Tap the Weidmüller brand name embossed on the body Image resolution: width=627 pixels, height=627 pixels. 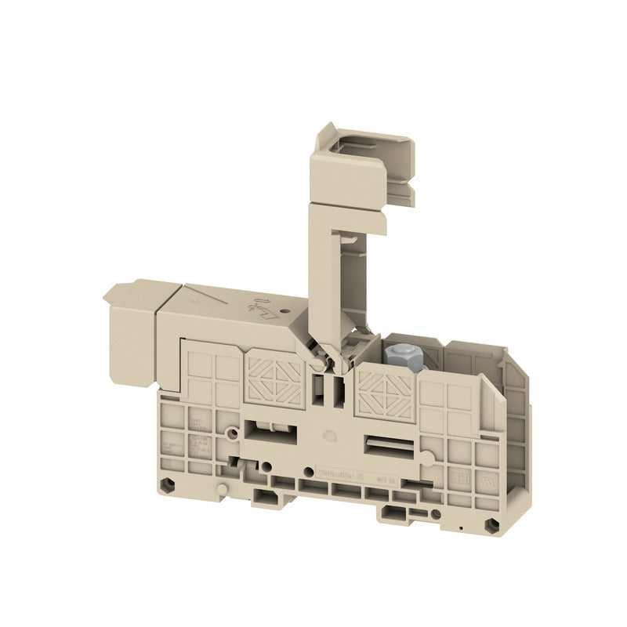pyautogui.click(x=335, y=471)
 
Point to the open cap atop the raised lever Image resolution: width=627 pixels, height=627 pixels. pyautogui.click(x=364, y=161)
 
